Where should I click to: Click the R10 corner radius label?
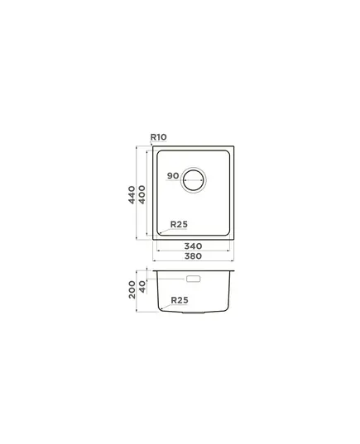158,137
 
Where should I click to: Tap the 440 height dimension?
132,194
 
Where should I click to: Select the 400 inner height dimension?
142,194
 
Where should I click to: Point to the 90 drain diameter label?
173,175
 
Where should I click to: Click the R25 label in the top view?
179,224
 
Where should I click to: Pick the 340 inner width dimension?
193,246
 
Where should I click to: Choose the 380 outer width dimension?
193,256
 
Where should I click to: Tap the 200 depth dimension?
132,289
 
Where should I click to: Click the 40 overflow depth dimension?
142,287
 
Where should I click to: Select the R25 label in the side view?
180,300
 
